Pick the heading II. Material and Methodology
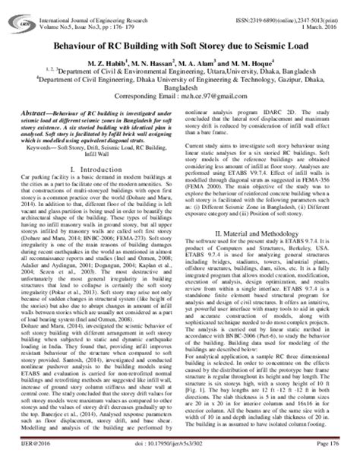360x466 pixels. coord(270,252)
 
